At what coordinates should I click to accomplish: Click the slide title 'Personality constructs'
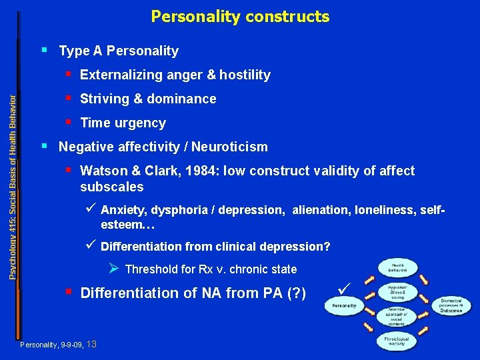(240, 16)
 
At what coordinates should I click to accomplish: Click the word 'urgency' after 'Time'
(143, 123)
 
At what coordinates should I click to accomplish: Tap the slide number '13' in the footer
(92, 344)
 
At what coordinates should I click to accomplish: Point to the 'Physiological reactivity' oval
(397, 341)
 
